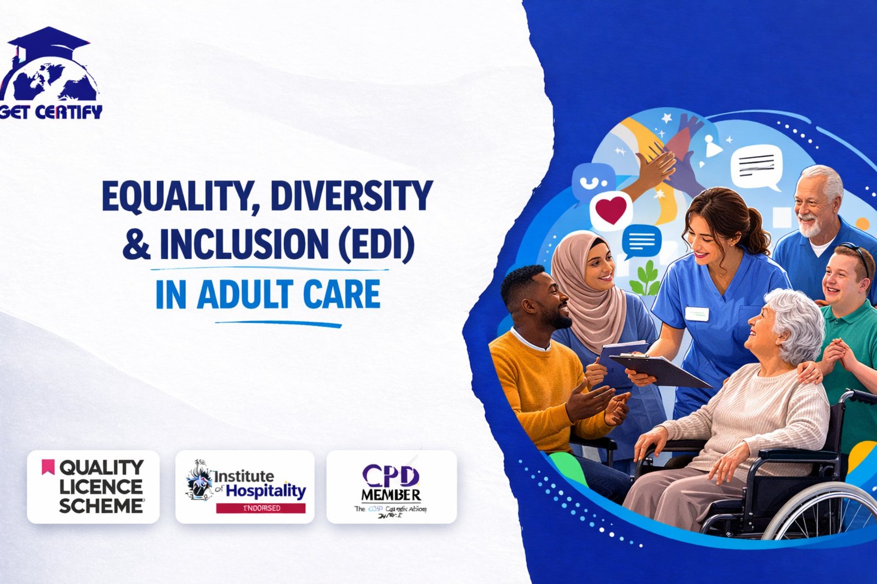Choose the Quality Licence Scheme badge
click(x=93, y=486)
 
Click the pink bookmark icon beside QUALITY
click(x=48, y=467)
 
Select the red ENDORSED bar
click(x=261, y=508)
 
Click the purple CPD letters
click(x=391, y=475)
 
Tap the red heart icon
click(x=611, y=210)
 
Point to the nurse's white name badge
click(x=697, y=314)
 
